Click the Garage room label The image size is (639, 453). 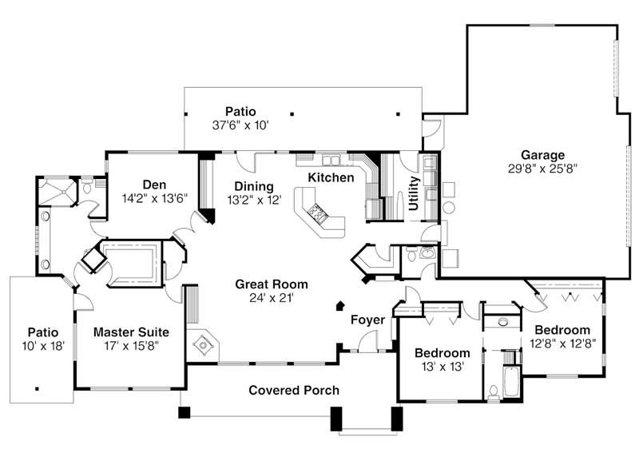(x=542, y=155)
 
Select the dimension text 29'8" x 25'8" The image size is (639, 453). (x=542, y=169)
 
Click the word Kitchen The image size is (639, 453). (x=331, y=177)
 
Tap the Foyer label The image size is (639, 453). (x=368, y=320)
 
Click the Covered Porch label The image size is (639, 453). (x=293, y=391)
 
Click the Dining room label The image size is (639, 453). (x=254, y=186)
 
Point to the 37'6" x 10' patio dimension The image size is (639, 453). (x=240, y=125)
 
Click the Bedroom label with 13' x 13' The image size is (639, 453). (x=442, y=352)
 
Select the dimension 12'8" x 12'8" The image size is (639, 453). (x=562, y=344)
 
